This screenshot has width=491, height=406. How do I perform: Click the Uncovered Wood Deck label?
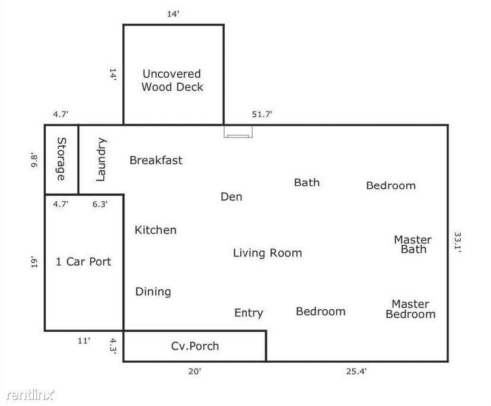(172, 80)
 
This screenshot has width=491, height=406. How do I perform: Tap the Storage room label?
(62, 159)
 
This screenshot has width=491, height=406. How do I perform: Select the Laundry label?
(101, 160)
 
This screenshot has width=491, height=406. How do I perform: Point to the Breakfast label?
(156, 160)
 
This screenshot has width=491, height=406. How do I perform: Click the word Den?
(231, 196)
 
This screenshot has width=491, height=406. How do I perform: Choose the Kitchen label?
(155, 230)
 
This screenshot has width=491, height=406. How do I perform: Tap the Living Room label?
(267, 253)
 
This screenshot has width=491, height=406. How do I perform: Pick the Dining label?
(153, 292)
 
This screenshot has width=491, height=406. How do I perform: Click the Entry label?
(248, 313)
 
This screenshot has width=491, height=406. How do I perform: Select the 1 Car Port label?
(83, 262)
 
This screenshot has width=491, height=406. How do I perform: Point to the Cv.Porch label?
(195, 346)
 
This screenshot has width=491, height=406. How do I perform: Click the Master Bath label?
(413, 245)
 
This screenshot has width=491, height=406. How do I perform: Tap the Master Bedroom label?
(410, 309)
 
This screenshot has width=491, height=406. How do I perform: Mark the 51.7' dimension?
(262, 114)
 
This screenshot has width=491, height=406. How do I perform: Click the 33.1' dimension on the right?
(457, 242)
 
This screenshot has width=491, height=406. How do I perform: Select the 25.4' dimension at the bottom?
(356, 372)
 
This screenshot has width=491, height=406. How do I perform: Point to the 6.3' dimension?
(100, 204)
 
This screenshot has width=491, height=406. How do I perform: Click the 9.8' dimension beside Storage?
(34, 160)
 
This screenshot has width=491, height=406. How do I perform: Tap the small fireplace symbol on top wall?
(238, 132)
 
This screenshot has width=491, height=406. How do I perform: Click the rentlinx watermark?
(30, 395)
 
